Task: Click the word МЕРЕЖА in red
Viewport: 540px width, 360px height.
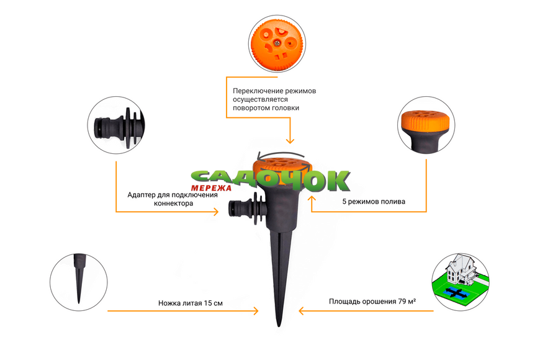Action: (211, 188)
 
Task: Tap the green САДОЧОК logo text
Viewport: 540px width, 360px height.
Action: (271, 180)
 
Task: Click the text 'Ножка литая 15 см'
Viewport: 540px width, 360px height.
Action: (191, 303)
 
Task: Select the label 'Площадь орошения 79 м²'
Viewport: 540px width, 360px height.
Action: (372, 302)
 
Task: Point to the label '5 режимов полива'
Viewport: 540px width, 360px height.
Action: (374, 202)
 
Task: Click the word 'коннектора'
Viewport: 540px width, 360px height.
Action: (173, 203)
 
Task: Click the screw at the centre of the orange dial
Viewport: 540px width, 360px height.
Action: (277, 43)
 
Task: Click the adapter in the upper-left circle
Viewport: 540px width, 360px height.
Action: (119, 127)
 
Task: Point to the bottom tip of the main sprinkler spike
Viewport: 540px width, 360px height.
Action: (279, 326)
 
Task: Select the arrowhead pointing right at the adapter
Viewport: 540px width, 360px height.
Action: (216, 212)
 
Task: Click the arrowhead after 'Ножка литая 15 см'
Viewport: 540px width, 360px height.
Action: (256, 311)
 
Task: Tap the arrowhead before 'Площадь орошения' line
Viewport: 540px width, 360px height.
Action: (301, 311)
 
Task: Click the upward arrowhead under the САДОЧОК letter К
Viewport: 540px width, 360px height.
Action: (312, 199)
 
